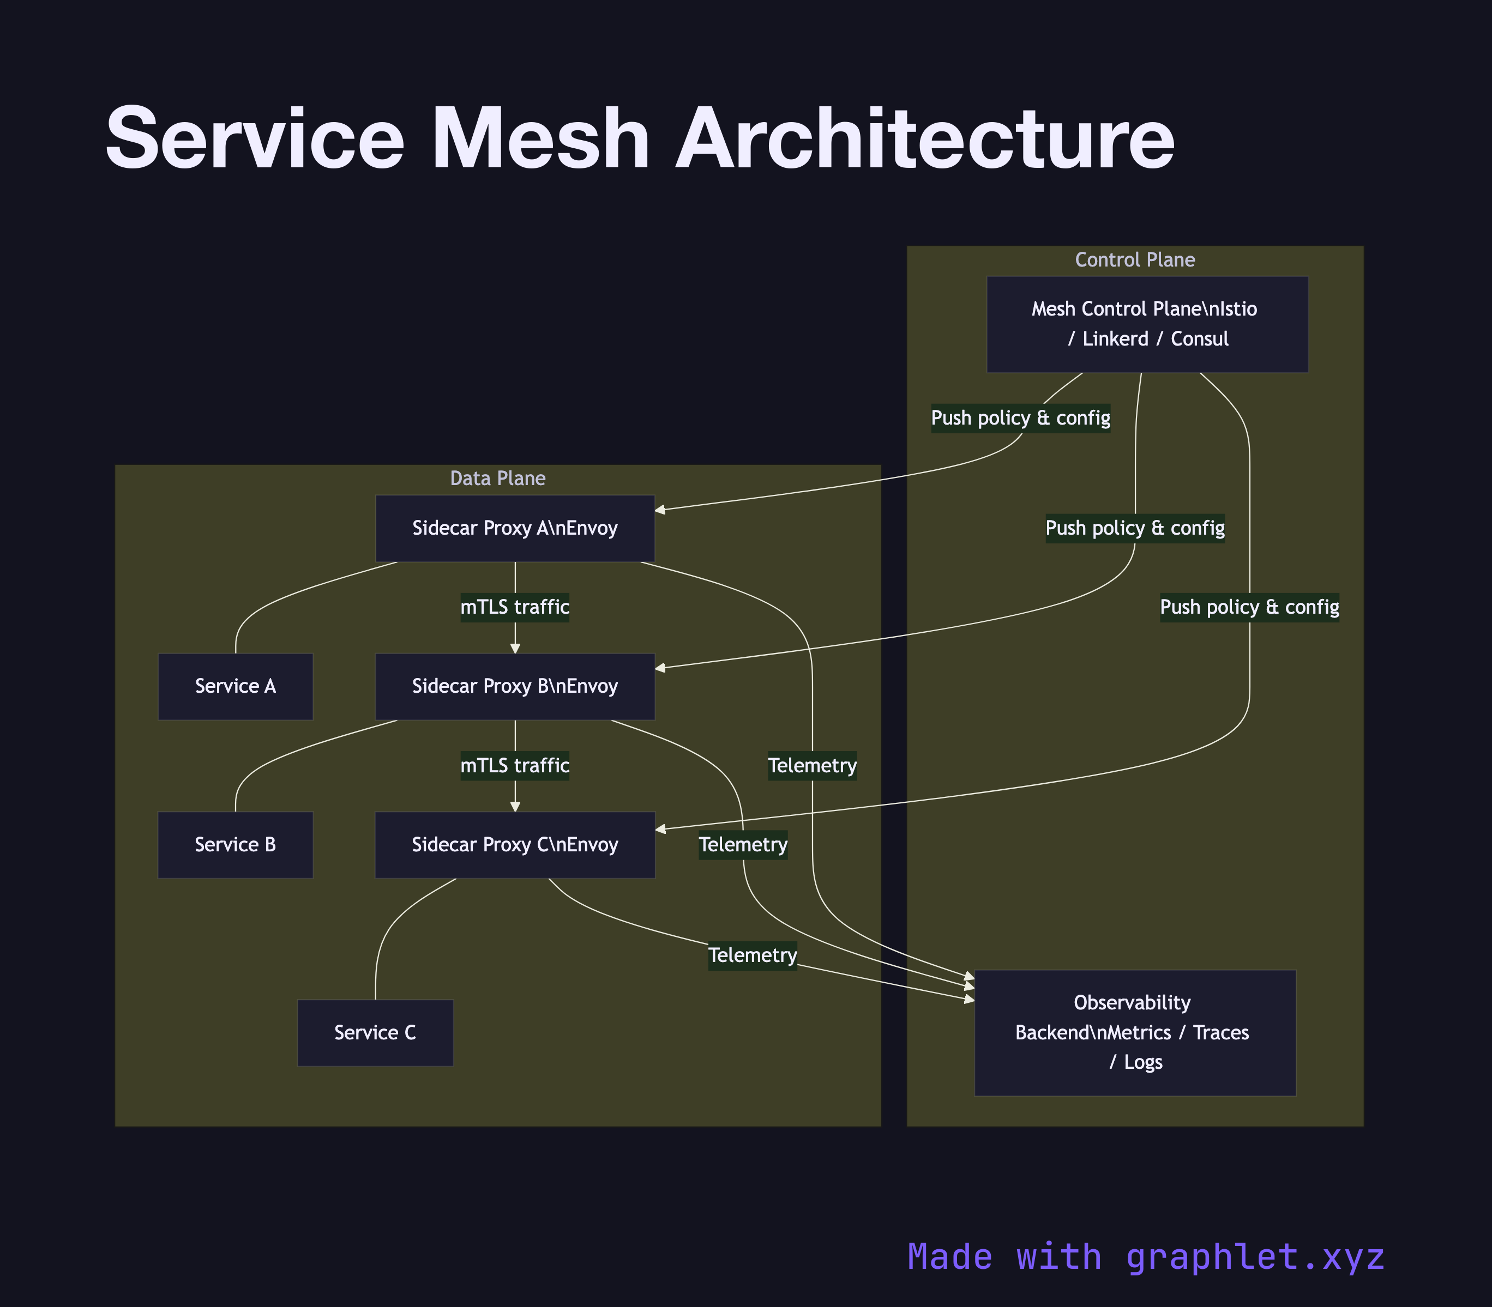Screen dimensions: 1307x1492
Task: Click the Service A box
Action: pos(235,686)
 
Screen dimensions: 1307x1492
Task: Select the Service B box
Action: pos(235,845)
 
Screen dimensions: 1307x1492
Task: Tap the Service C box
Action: pos(375,1033)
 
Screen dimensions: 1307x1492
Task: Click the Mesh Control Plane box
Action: pos(1146,324)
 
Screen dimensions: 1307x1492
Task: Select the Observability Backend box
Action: pos(1134,1032)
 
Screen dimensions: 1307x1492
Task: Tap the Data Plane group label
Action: pos(497,479)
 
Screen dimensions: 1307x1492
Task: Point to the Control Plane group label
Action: pos(1134,259)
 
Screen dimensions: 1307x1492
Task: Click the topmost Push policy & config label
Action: pos(1020,418)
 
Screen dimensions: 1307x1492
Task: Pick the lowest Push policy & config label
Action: pos(1249,607)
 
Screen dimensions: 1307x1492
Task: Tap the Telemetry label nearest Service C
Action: pos(752,955)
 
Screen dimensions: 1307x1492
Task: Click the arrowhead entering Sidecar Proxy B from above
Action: pos(515,648)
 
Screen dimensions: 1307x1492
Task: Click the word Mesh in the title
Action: pos(540,138)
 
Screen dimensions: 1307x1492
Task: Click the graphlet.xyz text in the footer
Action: pos(1254,1257)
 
